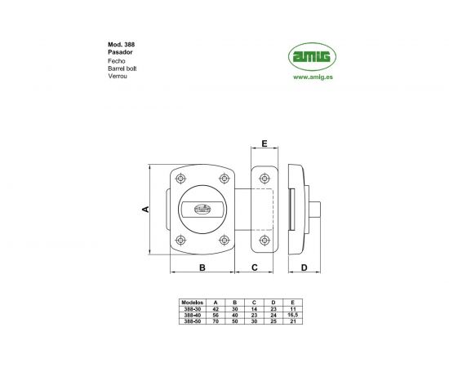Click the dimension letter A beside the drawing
click(145, 209)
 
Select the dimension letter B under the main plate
click(201, 267)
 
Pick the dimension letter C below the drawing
click(255, 267)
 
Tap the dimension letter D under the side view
click(303, 267)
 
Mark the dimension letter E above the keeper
click(265, 144)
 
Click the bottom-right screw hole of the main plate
click(224, 239)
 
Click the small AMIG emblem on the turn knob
click(199, 210)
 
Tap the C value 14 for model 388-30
click(254, 307)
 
